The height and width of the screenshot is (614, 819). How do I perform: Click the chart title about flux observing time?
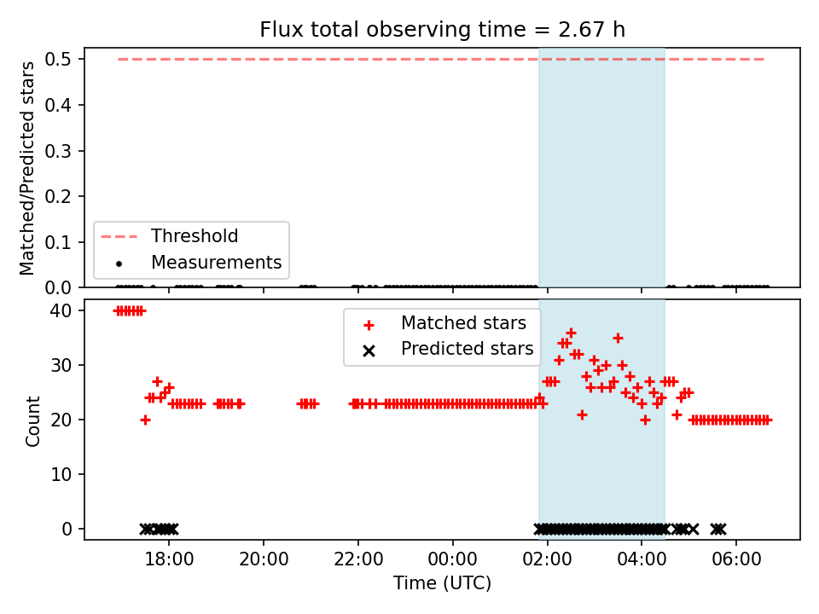442,30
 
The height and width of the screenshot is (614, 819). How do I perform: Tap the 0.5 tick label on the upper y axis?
57,59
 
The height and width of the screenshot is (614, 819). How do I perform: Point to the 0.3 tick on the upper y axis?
57,151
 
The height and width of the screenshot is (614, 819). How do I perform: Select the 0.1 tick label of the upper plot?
57,242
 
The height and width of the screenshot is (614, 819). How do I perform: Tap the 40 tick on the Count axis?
61,310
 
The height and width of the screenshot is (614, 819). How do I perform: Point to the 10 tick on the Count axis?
61,475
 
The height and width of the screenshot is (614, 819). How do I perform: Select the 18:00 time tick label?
169,559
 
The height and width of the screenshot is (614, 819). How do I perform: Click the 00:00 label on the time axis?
452,559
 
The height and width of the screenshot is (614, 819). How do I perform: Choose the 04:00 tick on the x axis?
642,559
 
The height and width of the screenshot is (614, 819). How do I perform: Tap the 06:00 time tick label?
736,559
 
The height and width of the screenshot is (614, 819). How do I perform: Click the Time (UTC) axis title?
442,583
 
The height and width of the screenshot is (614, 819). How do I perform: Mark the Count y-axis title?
32,420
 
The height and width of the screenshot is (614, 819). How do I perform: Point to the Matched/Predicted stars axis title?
27,168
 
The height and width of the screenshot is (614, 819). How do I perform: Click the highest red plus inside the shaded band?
571,333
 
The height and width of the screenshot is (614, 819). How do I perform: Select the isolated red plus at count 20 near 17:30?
145,420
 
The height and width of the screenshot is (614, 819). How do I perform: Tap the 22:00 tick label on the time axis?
357,559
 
